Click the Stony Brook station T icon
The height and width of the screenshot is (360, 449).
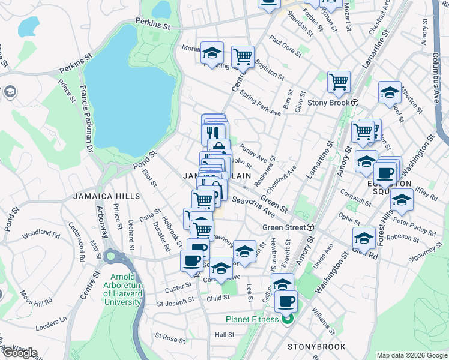point(355,103)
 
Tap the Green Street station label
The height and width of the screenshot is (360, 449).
point(284,227)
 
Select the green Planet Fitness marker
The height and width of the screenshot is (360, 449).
point(286,319)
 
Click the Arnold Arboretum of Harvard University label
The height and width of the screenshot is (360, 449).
point(122,289)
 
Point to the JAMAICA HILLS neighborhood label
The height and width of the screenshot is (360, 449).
point(106,196)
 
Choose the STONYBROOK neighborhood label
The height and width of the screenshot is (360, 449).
point(316,347)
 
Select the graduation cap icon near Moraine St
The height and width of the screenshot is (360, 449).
point(211,53)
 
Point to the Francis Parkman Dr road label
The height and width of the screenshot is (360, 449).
point(85,118)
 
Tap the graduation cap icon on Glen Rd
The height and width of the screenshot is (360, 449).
point(364,238)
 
